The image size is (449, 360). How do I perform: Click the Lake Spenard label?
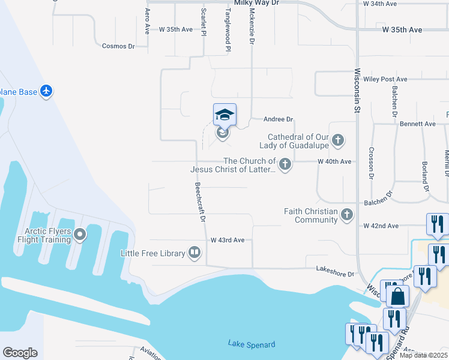tap(252, 344)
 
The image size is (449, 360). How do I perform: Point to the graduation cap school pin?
tap(224, 114)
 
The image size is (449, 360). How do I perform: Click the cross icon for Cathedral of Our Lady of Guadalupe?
tap(339, 141)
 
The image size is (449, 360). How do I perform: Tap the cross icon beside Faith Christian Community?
tap(346, 215)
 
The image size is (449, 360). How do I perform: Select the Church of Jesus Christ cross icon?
tap(285, 164)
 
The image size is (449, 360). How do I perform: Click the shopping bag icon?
tap(397, 296)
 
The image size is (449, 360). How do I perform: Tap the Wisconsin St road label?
tap(357, 91)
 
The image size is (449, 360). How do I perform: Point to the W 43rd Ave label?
tap(228, 240)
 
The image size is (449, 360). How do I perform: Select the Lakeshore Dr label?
tap(336, 274)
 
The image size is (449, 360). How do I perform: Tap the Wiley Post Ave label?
tap(385, 79)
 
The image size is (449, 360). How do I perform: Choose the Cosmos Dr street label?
tap(118, 46)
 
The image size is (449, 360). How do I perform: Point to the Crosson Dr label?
tap(372, 163)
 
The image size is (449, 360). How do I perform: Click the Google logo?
tap(20, 353)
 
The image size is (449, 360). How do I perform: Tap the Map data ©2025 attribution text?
tap(423, 355)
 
